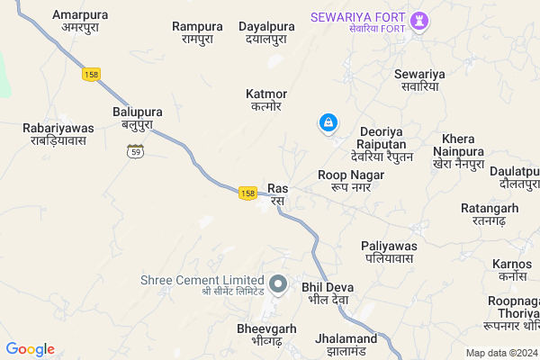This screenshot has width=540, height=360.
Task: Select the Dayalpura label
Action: (x=263, y=32)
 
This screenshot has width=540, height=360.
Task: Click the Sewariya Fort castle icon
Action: (x=419, y=20)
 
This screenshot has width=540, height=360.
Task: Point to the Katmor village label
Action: (x=266, y=99)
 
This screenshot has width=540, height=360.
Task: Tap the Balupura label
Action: (x=132, y=117)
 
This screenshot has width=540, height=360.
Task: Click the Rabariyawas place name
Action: (x=57, y=134)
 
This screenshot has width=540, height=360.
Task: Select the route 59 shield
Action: (x=135, y=150)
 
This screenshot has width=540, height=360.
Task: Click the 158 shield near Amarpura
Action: (x=90, y=75)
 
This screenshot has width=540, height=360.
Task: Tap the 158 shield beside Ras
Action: (x=249, y=193)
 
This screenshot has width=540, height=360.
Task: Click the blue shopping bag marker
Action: (x=329, y=122)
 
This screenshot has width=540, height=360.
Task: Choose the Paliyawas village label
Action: (x=387, y=251)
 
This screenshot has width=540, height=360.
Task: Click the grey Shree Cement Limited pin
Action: (x=278, y=285)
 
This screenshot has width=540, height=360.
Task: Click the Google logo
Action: (x=31, y=349)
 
